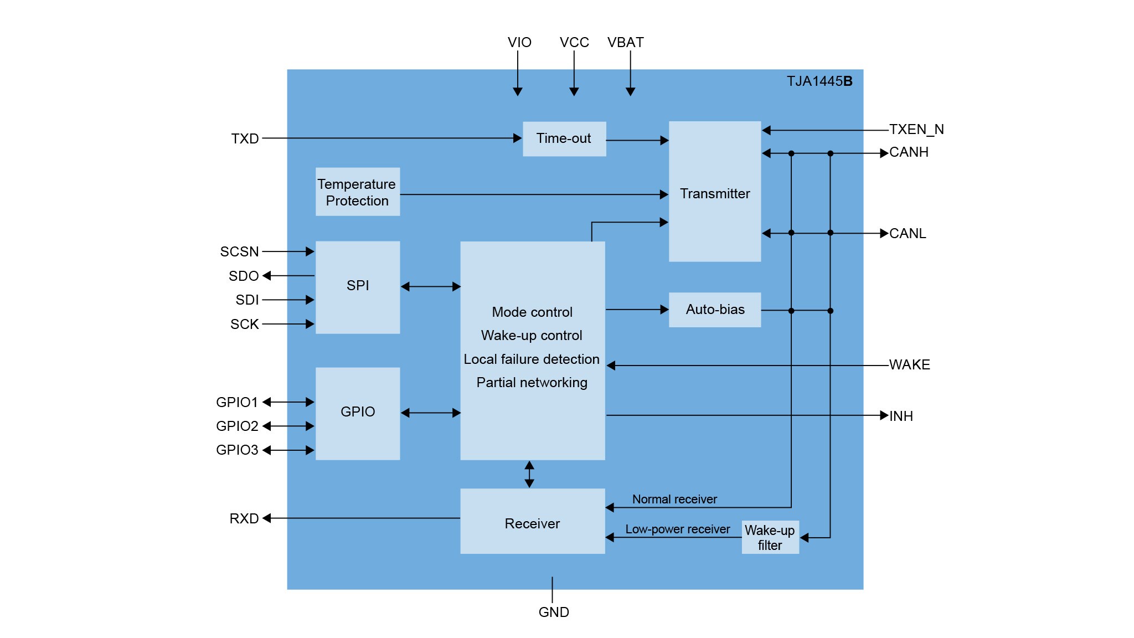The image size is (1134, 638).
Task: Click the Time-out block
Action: pos(564,138)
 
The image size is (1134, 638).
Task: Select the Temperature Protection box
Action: pos(358,192)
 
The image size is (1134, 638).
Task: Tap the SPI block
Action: pos(358,286)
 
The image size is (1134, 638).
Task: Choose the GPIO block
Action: pos(358,413)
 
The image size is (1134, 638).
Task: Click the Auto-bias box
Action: pos(715,310)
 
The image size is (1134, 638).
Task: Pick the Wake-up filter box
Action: pos(770,537)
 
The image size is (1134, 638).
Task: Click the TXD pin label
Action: pos(245,138)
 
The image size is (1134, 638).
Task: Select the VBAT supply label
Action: pos(625,43)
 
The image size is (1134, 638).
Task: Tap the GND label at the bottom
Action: pos(554,612)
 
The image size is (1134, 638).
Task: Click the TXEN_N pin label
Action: pos(916,130)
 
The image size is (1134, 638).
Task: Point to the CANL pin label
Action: pos(908,234)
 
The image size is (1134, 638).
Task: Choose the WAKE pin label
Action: pos(909,365)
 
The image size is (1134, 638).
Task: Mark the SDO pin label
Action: pos(244,276)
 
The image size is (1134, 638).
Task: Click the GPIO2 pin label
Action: pos(237,426)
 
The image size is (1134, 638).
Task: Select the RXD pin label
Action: pos(244,518)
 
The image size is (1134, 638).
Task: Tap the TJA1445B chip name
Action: pos(819,81)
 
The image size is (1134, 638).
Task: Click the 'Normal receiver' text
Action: pos(674,500)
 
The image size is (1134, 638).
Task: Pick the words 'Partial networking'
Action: pos(532,383)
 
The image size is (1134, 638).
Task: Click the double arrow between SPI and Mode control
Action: pos(430,286)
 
